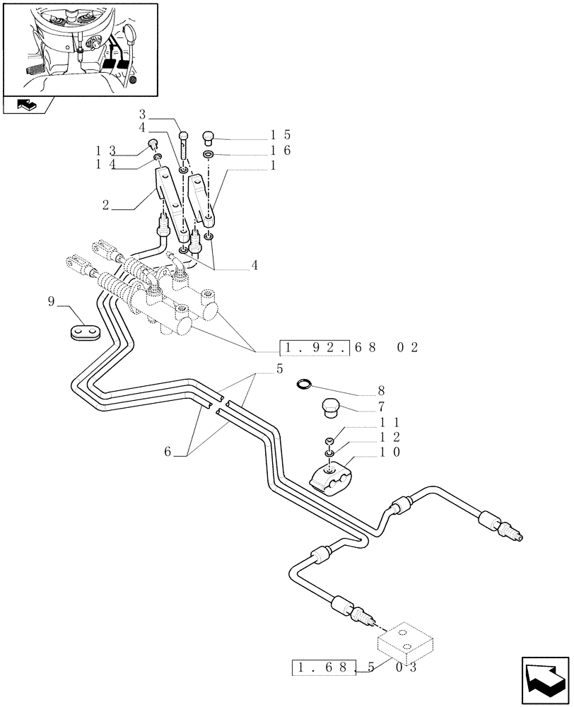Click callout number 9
(51, 302)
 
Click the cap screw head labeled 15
(209, 136)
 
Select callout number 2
(105, 206)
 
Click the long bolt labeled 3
(184, 144)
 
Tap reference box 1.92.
(315, 348)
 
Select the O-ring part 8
(303, 385)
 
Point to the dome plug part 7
(329, 408)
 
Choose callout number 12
(382, 437)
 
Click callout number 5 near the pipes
(259, 368)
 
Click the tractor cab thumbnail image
(79, 49)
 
